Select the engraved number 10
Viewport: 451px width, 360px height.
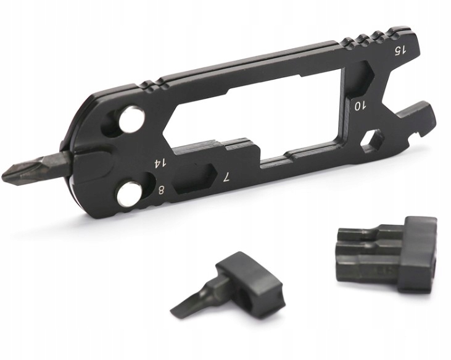click(359, 106)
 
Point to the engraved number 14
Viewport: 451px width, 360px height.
click(160, 164)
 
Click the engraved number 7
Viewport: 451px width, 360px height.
click(227, 177)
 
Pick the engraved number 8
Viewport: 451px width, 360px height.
click(162, 190)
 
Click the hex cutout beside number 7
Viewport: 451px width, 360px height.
click(196, 178)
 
